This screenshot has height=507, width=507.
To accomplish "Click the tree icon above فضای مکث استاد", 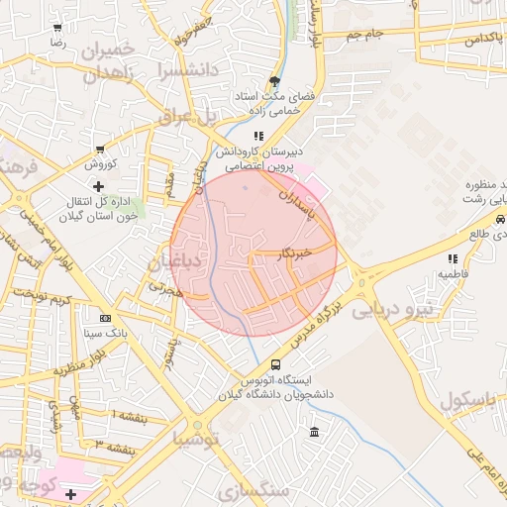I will (274, 82).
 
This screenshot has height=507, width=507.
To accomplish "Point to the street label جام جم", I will (364, 36).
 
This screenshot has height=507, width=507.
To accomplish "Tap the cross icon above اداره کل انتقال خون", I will (97, 186).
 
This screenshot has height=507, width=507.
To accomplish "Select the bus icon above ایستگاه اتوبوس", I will (274, 363).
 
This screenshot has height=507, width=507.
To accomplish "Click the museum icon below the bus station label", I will (314, 432).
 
